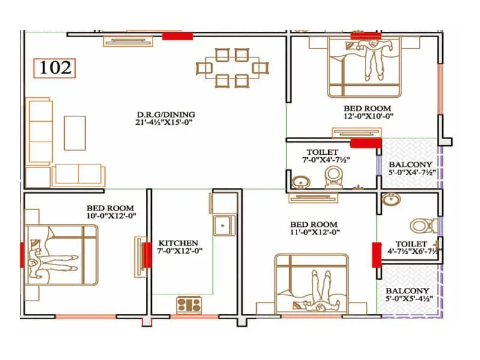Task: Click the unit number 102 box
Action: (55, 67)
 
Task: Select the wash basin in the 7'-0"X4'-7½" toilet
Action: (298, 182)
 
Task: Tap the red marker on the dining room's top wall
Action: (178, 37)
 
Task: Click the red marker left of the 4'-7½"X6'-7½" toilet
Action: (376, 254)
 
